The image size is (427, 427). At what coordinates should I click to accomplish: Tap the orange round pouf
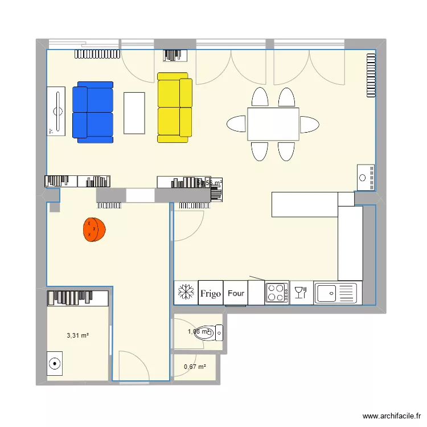pos(95,229)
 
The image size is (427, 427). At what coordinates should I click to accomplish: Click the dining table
pos(273,124)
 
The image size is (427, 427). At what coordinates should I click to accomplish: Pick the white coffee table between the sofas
pos(134,113)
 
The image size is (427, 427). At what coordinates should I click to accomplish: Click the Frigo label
pos(210,293)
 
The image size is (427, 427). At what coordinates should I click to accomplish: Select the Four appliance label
pos(236,293)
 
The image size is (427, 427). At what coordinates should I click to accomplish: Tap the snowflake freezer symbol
pos(185,293)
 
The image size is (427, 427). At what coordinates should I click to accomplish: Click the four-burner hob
pos(277,293)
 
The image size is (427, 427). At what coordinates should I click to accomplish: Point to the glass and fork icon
pos(301,293)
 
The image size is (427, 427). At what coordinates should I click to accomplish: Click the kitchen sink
pos(337,293)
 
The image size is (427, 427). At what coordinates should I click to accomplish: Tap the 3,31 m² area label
pos(78,335)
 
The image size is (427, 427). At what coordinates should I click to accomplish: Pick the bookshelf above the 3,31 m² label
pos(77,297)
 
